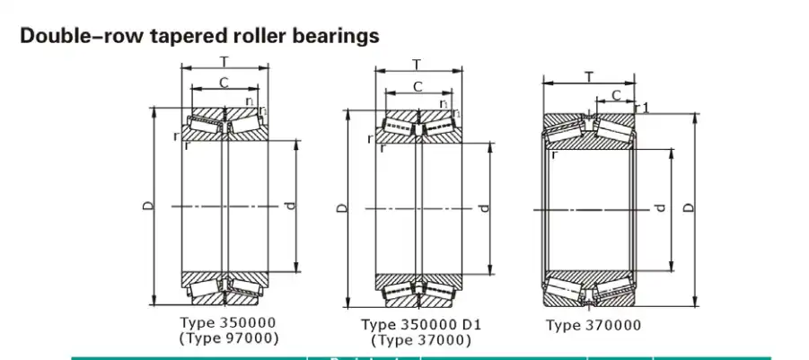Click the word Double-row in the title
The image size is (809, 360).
[x=72, y=36]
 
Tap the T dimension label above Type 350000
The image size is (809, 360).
[x=224, y=62]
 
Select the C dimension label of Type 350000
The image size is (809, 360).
[x=224, y=83]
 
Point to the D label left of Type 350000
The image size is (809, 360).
[x=147, y=206]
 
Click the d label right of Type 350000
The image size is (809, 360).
[x=289, y=206]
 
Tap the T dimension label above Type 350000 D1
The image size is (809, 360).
[x=418, y=64]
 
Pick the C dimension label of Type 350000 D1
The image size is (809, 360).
[x=418, y=86]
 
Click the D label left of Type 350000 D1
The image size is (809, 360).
[x=342, y=208]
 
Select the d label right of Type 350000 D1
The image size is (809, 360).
[x=484, y=208]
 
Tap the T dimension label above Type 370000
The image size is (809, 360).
[x=588, y=77]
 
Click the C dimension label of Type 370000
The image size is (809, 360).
[x=616, y=94]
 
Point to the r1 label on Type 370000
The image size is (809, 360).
[x=642, y=108]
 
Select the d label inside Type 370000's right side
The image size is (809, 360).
[x=659, y=207]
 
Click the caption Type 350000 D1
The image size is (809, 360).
[x=420, y=324]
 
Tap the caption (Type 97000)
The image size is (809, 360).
[x=228, y=338]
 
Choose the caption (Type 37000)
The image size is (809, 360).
[x=420, y=339]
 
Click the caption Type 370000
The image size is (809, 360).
[x=594, y=325]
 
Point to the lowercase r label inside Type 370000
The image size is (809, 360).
[x=555, y=154]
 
